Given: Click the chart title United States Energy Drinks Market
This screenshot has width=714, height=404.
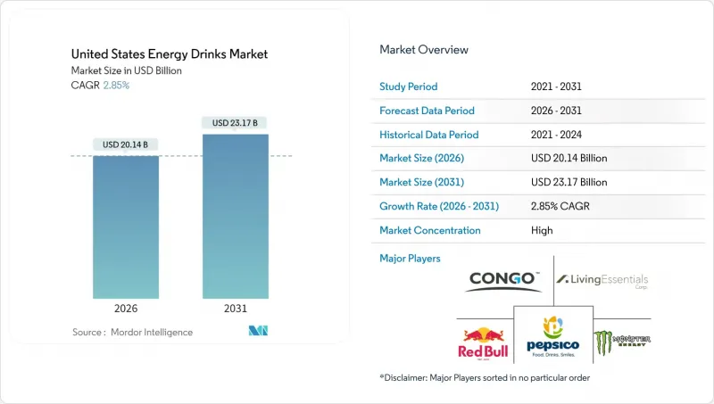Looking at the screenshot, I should [x=169, y=54].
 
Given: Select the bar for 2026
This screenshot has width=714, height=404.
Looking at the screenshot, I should [x=126, y=227].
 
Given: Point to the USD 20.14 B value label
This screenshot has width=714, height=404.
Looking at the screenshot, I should [x=126, y=144].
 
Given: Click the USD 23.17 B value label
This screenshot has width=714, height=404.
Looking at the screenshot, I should [x=236, y=122].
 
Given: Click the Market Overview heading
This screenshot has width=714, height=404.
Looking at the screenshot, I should [x=424, y=49].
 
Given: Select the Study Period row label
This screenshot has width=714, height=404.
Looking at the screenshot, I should [x=410, y=87].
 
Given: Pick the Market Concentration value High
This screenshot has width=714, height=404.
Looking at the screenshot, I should [x=541, y=230].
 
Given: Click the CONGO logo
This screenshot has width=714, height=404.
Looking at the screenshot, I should [x=503, y=280].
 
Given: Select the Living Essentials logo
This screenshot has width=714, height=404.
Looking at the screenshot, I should [x=602, y=281].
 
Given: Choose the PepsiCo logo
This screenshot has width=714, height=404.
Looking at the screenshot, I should [x=553, y=336].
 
